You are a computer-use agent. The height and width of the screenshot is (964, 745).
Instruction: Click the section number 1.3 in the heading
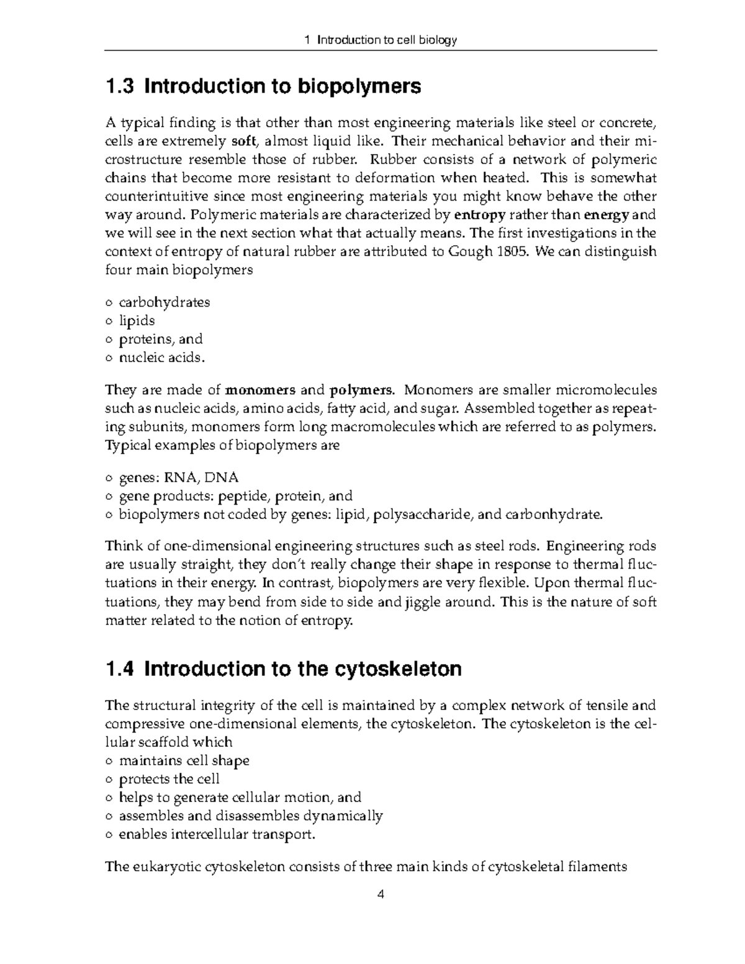tap(120, 86)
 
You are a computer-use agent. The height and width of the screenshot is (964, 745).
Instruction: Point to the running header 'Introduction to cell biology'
tap(387, 40)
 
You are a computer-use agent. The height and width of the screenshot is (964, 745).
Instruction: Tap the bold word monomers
tap(260, 390)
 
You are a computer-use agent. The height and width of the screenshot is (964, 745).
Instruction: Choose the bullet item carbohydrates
tap(164, 302)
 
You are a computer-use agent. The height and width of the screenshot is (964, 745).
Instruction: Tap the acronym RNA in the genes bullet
tap(181, 477)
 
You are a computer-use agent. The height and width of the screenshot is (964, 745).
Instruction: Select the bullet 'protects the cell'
tap(169, 779)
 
